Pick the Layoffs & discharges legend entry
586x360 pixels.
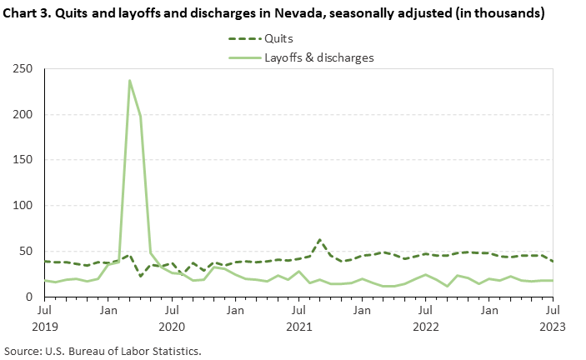(x=318, y=57)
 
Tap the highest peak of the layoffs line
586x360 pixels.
(x=129, y=81)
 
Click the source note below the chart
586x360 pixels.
(x=103, y=351)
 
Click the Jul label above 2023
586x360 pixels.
(x=552, y=311)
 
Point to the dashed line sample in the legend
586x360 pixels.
(x=243, y=38)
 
